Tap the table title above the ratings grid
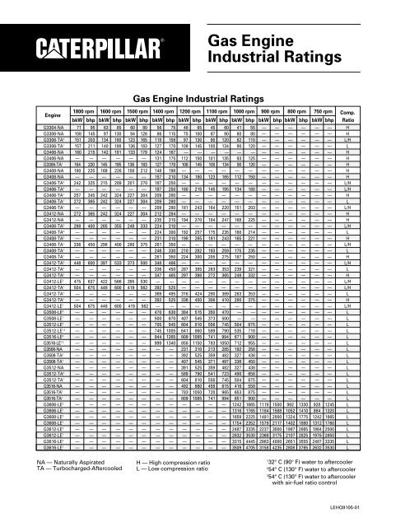pyautogui.click(x=198, y=99)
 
